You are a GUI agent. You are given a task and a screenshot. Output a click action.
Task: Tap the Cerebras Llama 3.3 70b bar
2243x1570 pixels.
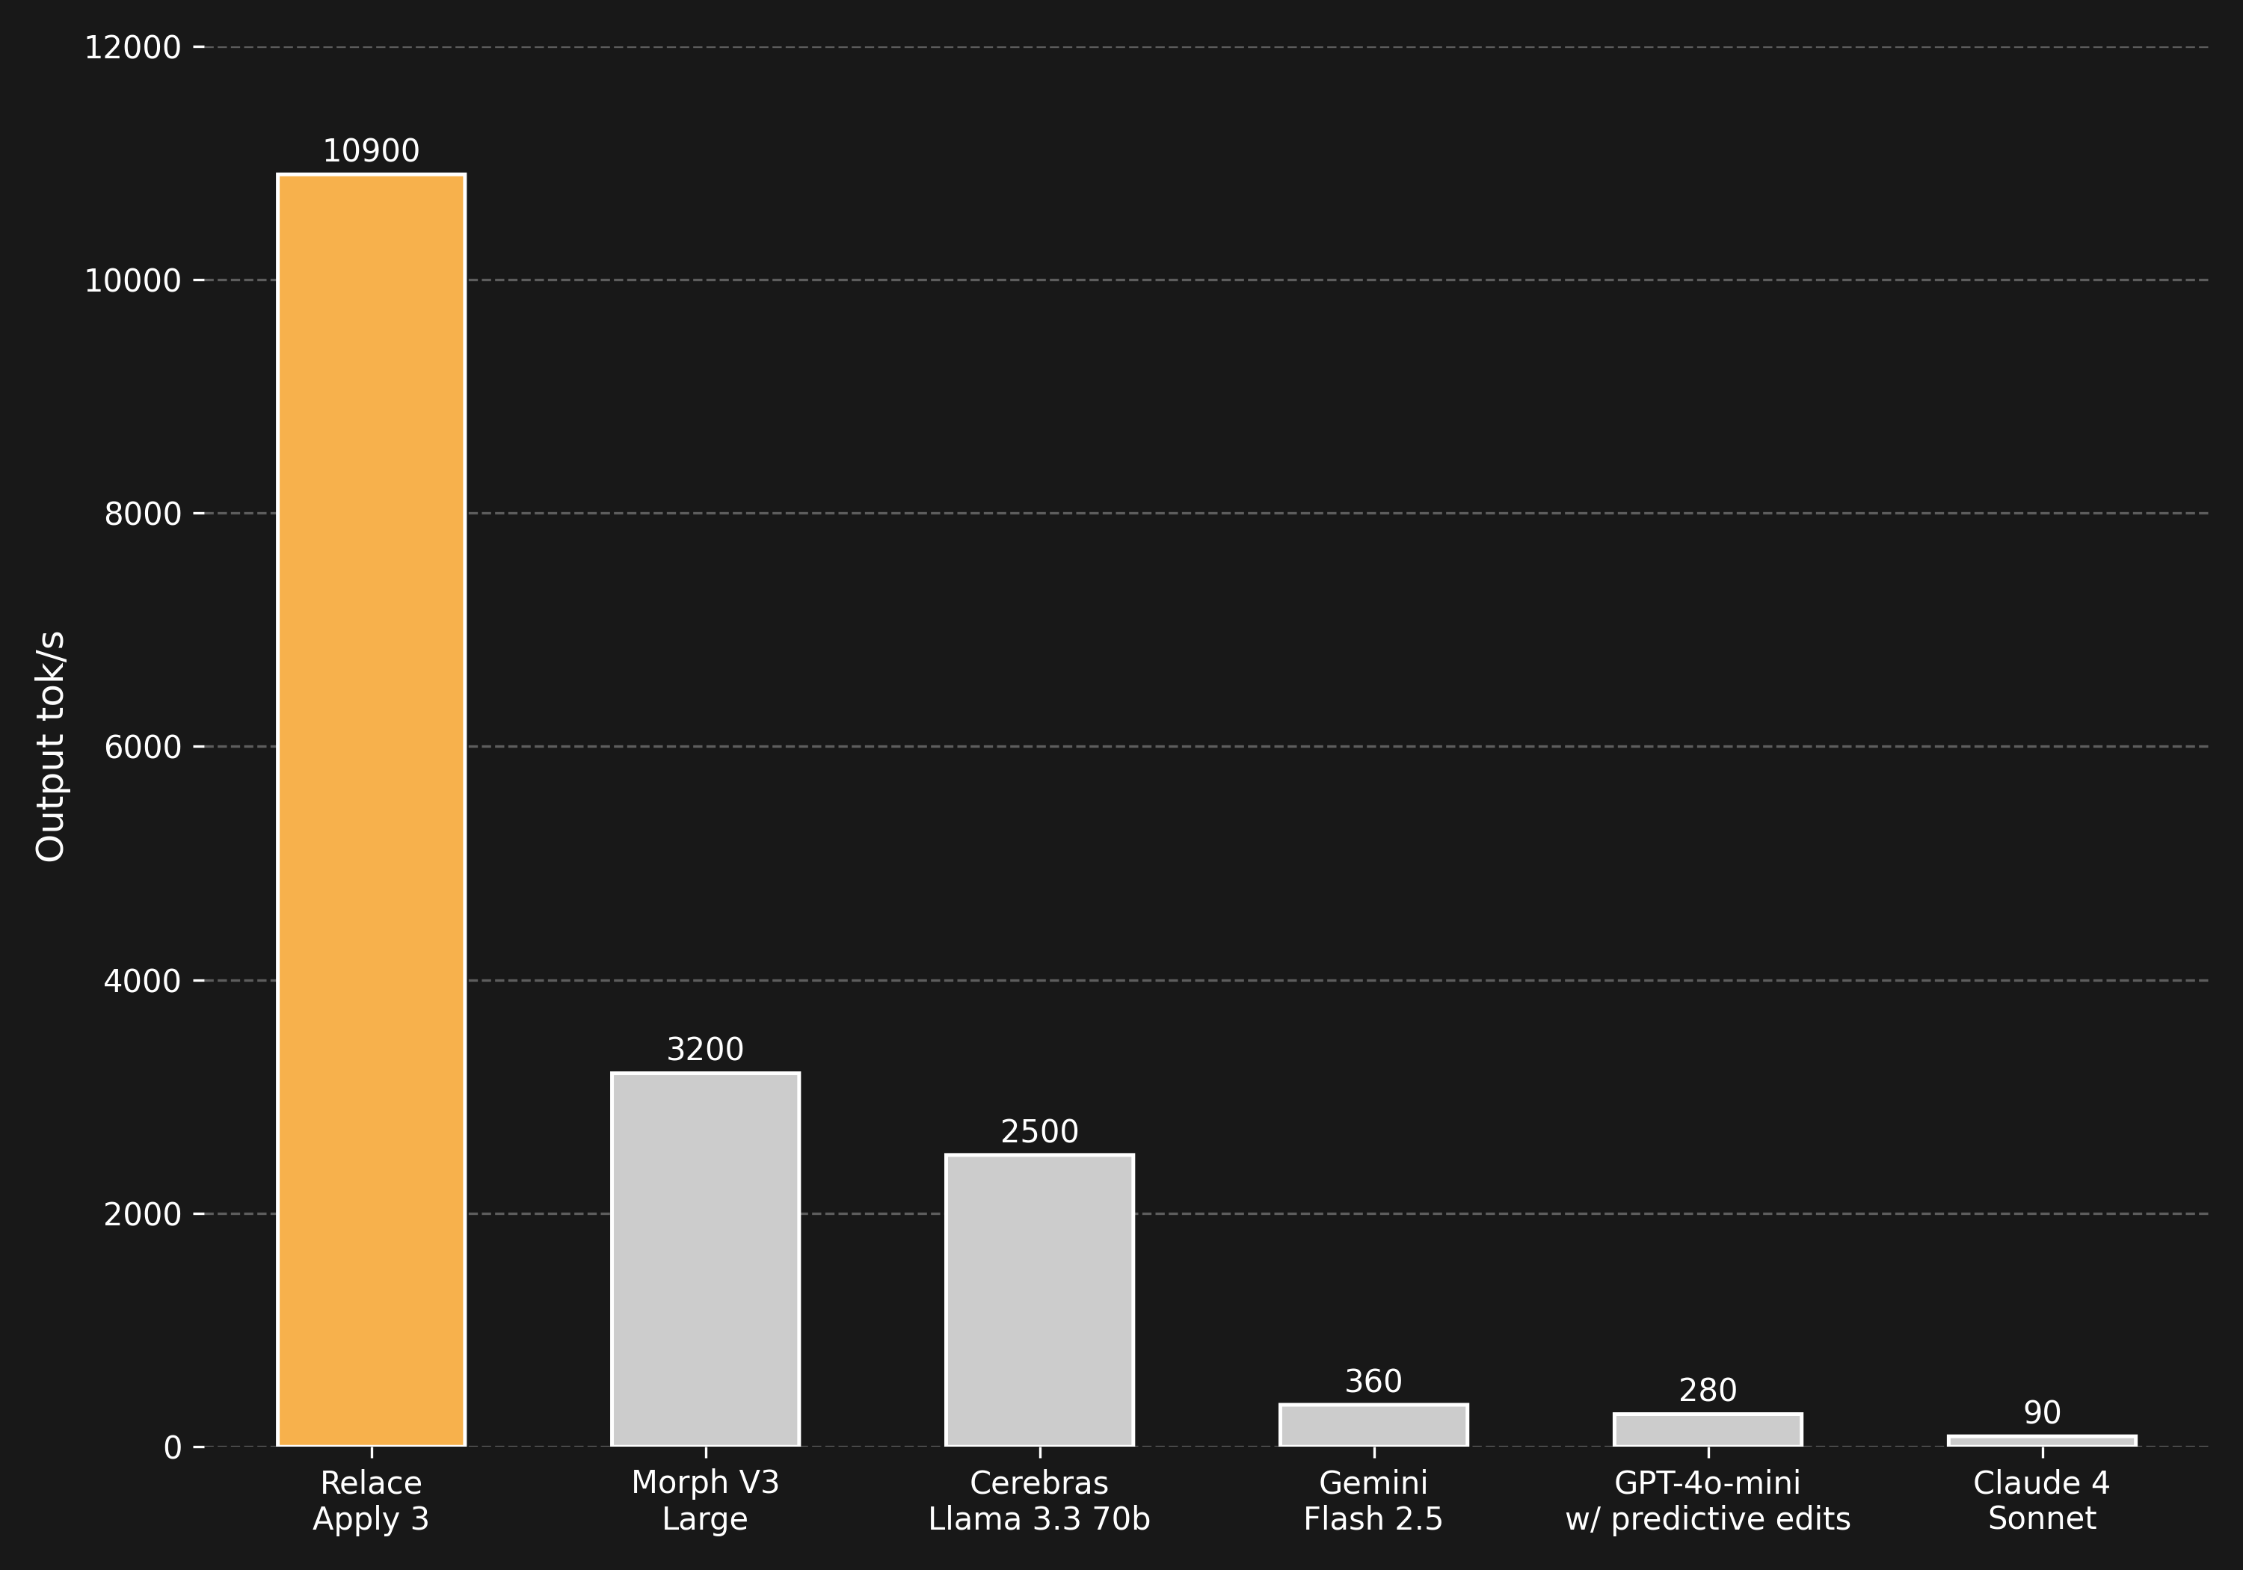[x=1039, y=1299]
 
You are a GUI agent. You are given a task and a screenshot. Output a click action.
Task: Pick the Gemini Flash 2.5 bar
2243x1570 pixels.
[x=1373, y=1426]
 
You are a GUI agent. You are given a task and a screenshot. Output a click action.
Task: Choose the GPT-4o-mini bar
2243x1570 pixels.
[x=1708, y=1429]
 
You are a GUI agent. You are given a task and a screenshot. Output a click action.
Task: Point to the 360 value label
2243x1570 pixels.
[x=1373, y=1382]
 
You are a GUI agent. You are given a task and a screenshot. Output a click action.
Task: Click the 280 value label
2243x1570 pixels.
[x=1708, y=1391]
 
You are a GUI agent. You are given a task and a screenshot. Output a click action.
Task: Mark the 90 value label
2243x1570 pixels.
[x=2042, y=1413]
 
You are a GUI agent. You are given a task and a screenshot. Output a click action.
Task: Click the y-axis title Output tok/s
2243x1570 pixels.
[x=51, y=746]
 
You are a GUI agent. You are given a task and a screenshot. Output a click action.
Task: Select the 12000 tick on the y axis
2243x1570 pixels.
[x=133, y=47]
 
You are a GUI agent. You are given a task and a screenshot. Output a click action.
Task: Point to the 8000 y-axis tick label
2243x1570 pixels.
[x=143, y=514]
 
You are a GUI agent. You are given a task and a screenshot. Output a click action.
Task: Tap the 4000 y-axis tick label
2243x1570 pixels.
[x=143, y=981]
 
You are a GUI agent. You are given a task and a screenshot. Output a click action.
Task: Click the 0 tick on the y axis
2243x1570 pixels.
[x=173, y=1447]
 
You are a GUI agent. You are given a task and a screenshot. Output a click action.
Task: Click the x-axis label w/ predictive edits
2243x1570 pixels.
[x=1708, y=1519]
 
